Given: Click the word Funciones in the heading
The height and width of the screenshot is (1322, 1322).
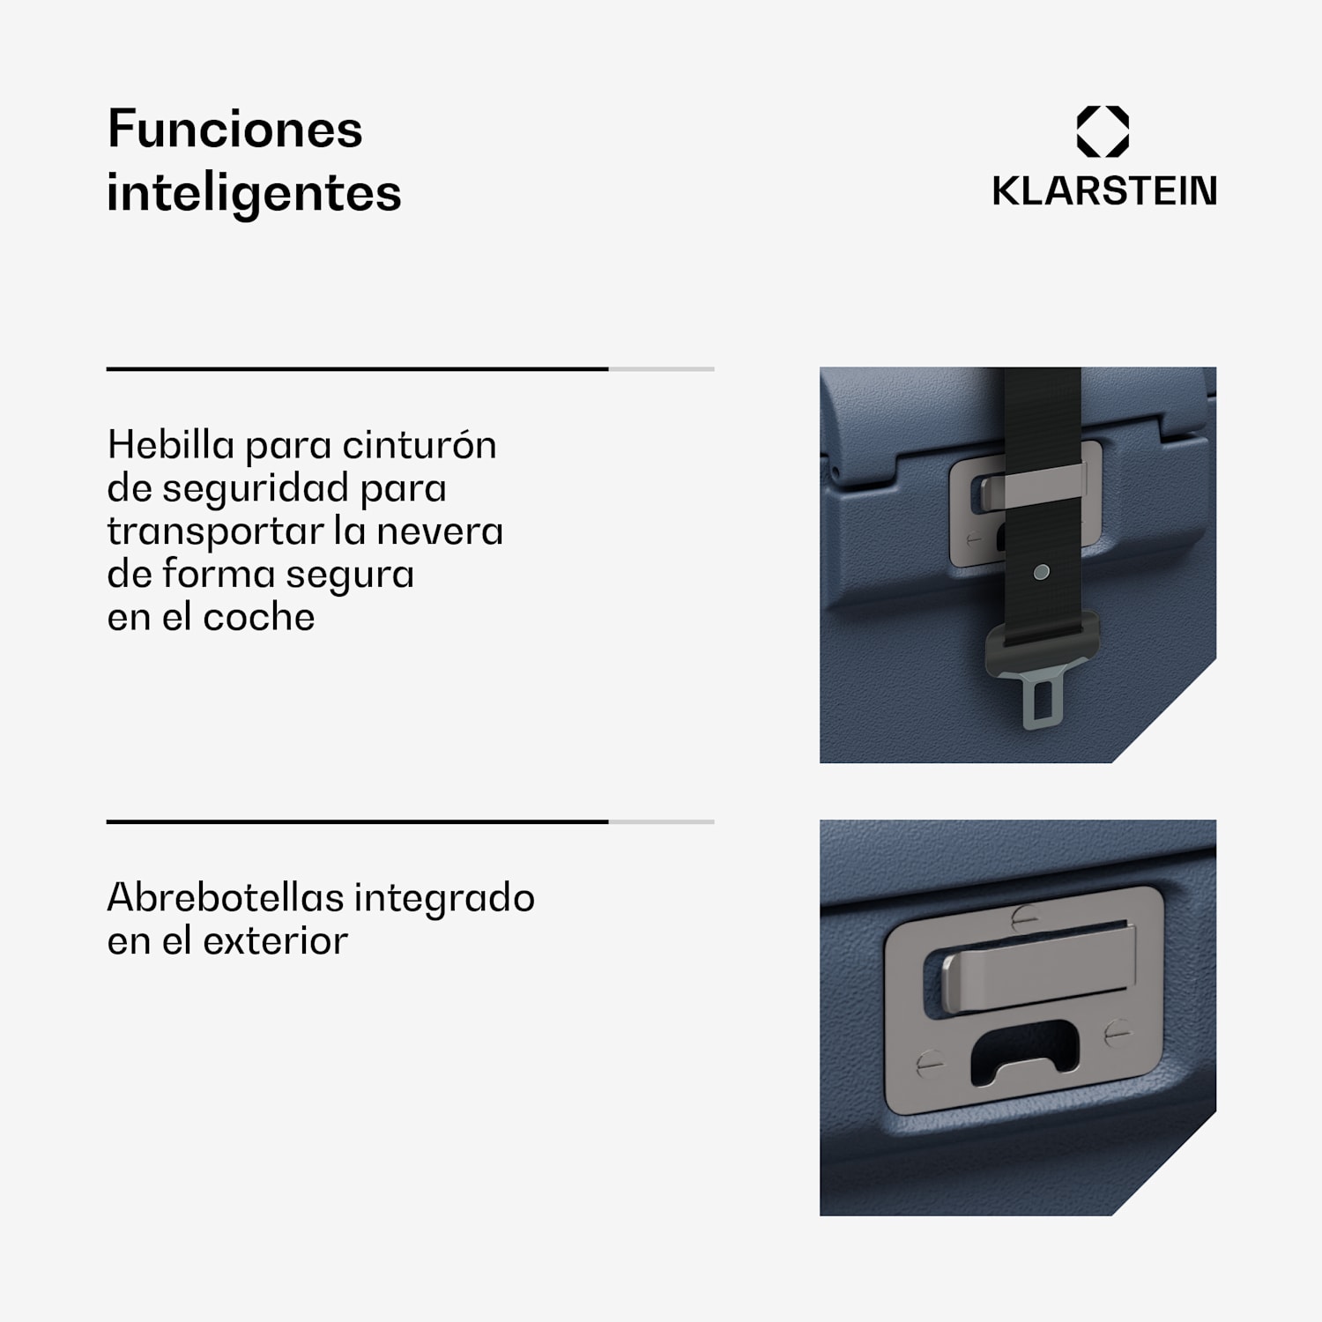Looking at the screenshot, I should [234, 130].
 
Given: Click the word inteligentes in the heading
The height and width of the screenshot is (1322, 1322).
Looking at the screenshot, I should [254, 193].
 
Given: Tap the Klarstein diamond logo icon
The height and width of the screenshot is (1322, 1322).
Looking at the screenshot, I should [1103, 132].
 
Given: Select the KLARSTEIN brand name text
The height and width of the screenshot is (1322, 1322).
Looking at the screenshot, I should [1104, 191].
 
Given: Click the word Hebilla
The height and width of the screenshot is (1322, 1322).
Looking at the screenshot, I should [171, 444].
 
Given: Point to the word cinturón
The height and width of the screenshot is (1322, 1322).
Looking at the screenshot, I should [420, 444].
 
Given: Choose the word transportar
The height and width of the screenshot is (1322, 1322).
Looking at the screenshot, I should [213, 531].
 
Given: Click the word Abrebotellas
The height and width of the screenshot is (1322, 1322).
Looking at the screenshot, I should [225, 898].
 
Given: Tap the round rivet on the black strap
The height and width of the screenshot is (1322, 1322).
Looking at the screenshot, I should [1041, 572].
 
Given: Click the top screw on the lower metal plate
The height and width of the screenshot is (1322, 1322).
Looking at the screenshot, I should [1024, 917].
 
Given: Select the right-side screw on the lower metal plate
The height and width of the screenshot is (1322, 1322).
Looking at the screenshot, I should [1117, 1031].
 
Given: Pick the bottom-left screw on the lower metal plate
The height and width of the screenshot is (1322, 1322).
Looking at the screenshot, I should [929, 1064].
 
